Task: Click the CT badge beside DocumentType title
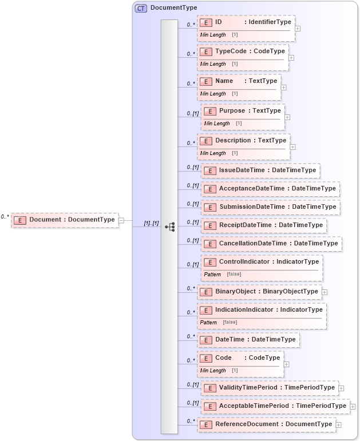click(141, 8)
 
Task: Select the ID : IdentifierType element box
click(246, 22)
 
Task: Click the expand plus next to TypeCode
click(291, 57)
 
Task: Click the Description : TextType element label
click(250, 141)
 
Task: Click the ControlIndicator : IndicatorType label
click(268, 262)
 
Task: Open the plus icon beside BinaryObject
click(325, 292)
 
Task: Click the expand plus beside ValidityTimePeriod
click(341, 388)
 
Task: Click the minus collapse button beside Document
click(121, 220)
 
